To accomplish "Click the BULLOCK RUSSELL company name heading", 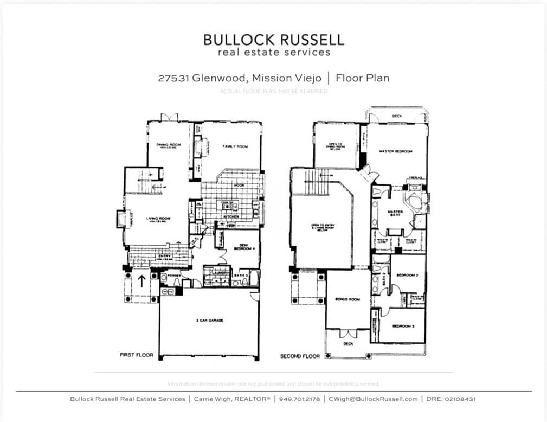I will (273, 40).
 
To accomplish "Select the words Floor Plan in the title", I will (362, 78).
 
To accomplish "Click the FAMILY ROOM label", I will (235, 146).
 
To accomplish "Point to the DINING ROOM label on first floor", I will (168, 145).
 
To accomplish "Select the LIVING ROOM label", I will (158, 219).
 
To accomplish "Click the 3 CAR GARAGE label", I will (210, 321).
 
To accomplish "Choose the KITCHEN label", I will (231, 216).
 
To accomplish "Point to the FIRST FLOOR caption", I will (137, 355).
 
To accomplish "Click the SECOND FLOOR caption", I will (300, 356).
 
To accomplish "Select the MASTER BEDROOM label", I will (396, 151).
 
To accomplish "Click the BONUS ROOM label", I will (347, 299).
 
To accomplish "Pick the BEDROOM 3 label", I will (403, 326).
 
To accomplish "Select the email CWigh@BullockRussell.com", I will (374, 399).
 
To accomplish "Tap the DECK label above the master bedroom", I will (397, 116).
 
